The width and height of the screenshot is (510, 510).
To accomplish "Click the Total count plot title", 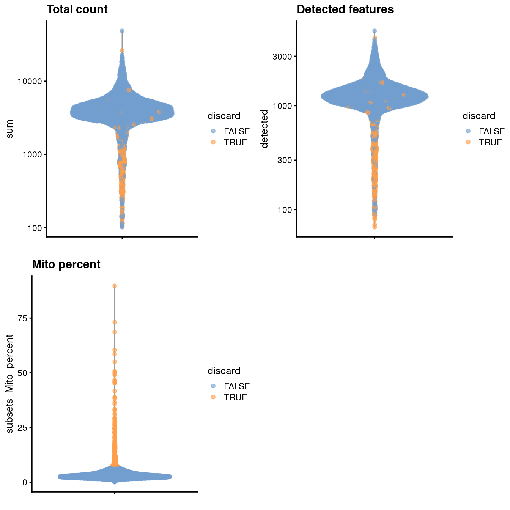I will tap(77, 9).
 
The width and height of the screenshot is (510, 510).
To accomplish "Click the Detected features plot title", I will tap(345, 9).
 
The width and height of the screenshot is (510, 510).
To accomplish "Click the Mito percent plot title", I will tap(66, 264).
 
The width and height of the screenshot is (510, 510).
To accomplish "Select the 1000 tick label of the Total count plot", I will tap(33, 154).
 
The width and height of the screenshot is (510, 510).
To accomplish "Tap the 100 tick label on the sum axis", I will tap(35, 228).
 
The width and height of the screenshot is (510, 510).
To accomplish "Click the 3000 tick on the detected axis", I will tap(282, 57).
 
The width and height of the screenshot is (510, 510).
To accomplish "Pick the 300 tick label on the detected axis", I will tap(285, 160).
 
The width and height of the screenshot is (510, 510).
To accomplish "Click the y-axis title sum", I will tap(9, 129).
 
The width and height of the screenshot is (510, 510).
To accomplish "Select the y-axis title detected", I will tap(264, 129).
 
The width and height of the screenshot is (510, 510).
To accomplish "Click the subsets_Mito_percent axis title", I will tap(9, 384).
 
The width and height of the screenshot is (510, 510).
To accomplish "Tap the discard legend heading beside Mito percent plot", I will tap(224, 371).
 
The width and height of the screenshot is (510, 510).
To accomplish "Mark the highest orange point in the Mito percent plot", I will tap(115, 286).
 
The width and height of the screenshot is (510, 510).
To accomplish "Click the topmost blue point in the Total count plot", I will tap(122, 31).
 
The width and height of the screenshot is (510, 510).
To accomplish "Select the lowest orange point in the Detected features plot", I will tap(375, 227).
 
